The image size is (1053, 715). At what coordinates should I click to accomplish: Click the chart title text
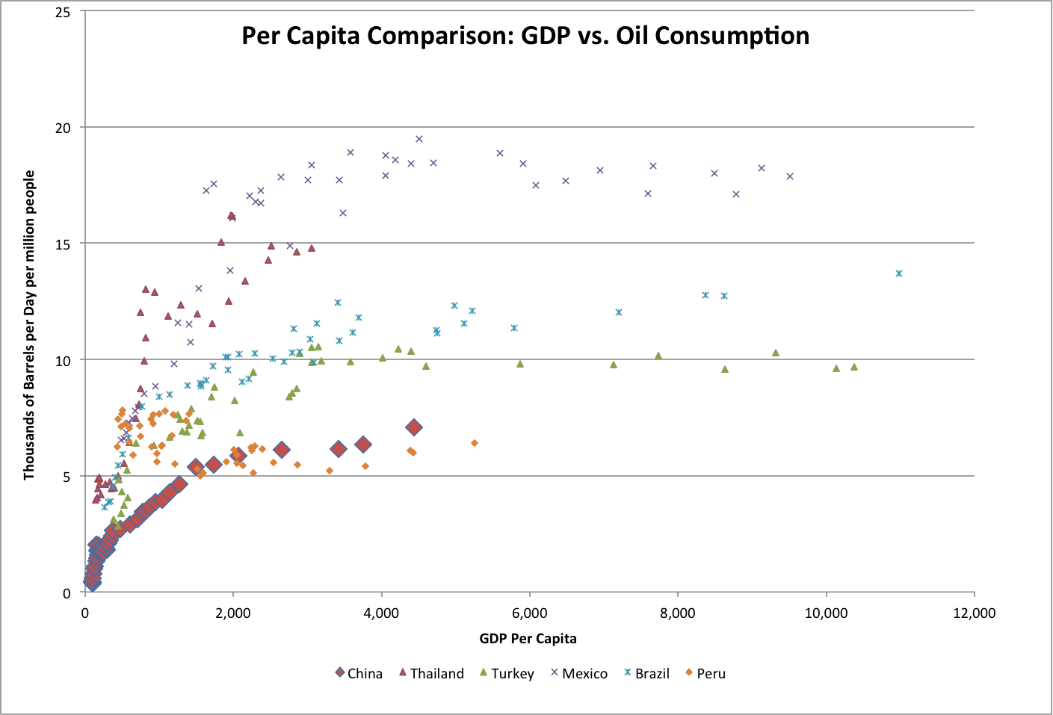[x=525, y=36]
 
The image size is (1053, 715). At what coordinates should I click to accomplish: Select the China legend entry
[x=359, y=673]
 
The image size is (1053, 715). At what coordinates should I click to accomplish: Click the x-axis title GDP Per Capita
[x=528, y=638]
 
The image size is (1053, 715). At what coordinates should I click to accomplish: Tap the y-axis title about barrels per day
[x=29, y=325]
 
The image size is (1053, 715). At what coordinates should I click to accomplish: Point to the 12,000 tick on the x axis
[x=974, y=613]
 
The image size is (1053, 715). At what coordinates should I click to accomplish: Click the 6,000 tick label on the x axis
[x=529, y=613]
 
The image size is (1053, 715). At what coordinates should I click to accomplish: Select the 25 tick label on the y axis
[x=64, y=12]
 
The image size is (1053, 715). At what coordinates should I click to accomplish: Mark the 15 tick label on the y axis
[x=64, y=244]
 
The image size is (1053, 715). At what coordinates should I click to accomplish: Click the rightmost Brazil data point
[x=899, y=273]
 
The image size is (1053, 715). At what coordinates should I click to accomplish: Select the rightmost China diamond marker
[x=414, y=427]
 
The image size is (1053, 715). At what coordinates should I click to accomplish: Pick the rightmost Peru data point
[x=475, y=443]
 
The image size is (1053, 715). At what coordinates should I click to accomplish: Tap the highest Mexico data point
[x=419, y=139]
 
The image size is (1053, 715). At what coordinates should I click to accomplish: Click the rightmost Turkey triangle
[x=854, y=367]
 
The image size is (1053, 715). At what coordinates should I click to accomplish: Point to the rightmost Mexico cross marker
[x=790, y=176]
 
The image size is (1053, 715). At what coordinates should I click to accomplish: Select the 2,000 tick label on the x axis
[x=233, y=613]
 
